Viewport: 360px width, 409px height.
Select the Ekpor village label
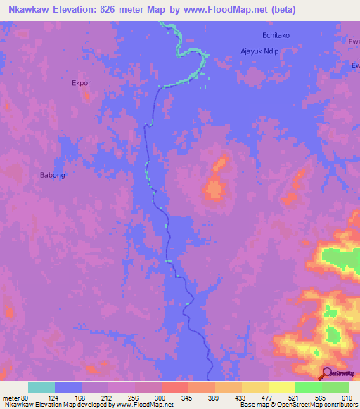(82, 82)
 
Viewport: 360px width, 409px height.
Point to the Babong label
(53, 175)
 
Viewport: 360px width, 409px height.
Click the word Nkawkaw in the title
(29, 10)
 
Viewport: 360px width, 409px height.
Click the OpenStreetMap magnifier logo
(327, 374)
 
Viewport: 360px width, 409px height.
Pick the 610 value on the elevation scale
(347, 398)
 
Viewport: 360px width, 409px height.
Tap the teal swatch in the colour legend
(41, 387)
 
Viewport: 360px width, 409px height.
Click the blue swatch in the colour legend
(68, 387)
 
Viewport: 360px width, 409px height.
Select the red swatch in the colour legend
(174, 387)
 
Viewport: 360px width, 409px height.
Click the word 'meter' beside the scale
(10, 398)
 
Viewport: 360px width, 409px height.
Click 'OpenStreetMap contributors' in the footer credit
(320, 405)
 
